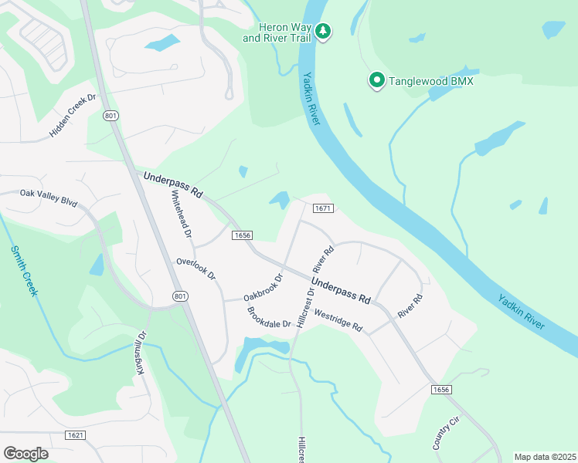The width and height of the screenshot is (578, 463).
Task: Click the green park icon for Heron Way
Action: [x=325, y=32]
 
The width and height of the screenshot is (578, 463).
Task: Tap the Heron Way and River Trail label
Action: [x=277, y=32]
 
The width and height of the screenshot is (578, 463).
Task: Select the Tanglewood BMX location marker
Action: [x=377, y=80]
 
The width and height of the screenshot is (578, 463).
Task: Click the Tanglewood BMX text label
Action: [x=430, y=81]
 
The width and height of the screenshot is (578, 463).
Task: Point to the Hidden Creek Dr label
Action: [x=72, y=116]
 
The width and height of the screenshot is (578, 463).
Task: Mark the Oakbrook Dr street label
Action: [x=264, y=287]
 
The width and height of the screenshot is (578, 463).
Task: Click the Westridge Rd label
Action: [x=338, y=321]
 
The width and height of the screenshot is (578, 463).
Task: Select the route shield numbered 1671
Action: [x=322, y=209]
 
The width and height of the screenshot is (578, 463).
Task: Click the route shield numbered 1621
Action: [x=76, y=436]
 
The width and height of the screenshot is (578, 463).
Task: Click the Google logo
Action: [x=25, y=454]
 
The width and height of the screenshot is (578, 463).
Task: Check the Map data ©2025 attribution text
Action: [x=545, y=457]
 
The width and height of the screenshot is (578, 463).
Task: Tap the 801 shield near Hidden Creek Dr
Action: [x=110, y=116]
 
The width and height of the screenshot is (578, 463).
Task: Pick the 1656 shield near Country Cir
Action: [x=440, y=390]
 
